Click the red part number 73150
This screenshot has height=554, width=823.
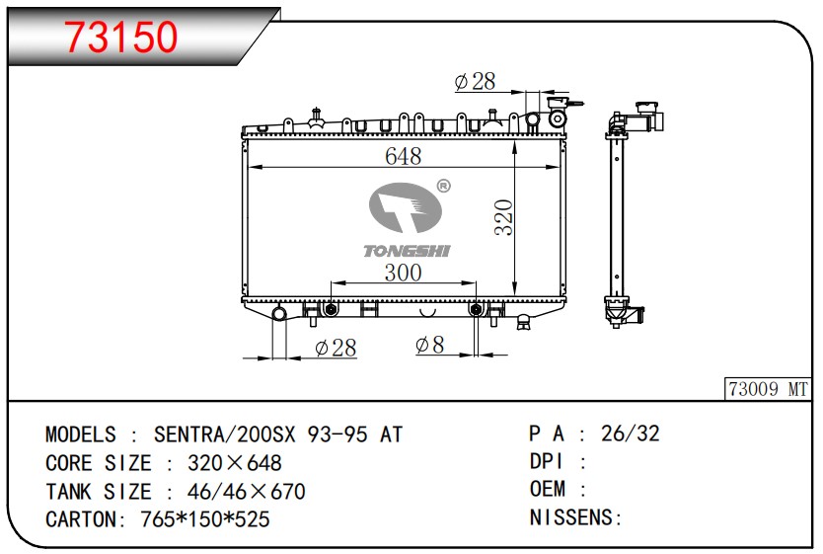121,37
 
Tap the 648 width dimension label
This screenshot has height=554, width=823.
403,156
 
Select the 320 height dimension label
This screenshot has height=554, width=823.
504,217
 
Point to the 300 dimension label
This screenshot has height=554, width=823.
403,273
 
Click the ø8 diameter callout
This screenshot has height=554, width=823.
429,345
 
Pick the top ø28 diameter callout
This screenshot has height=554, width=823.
475,81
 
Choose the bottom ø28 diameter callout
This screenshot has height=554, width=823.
336,348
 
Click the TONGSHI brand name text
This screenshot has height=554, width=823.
407,251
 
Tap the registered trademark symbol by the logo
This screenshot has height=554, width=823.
443,186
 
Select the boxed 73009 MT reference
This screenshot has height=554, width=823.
768,389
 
